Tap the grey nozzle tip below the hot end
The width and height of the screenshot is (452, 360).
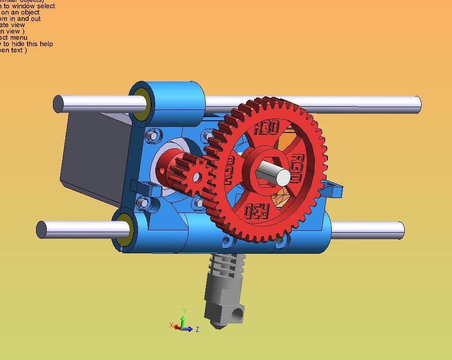tap(216, 325)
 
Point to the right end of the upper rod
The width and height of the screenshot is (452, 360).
tap(416, 104)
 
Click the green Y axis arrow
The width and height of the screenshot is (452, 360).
tap(184, 318)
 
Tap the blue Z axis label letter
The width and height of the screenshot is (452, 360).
tap(197, 330)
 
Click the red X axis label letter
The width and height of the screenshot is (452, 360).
tap(172, 325)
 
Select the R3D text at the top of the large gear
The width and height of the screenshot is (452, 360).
tap(266, 127)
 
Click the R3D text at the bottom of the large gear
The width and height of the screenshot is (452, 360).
tap(257, 211)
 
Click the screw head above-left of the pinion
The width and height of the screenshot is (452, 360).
tap(151, 136)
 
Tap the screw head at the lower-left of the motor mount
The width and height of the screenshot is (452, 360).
tap(144, 203)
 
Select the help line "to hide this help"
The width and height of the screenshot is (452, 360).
tap(28, 44)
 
